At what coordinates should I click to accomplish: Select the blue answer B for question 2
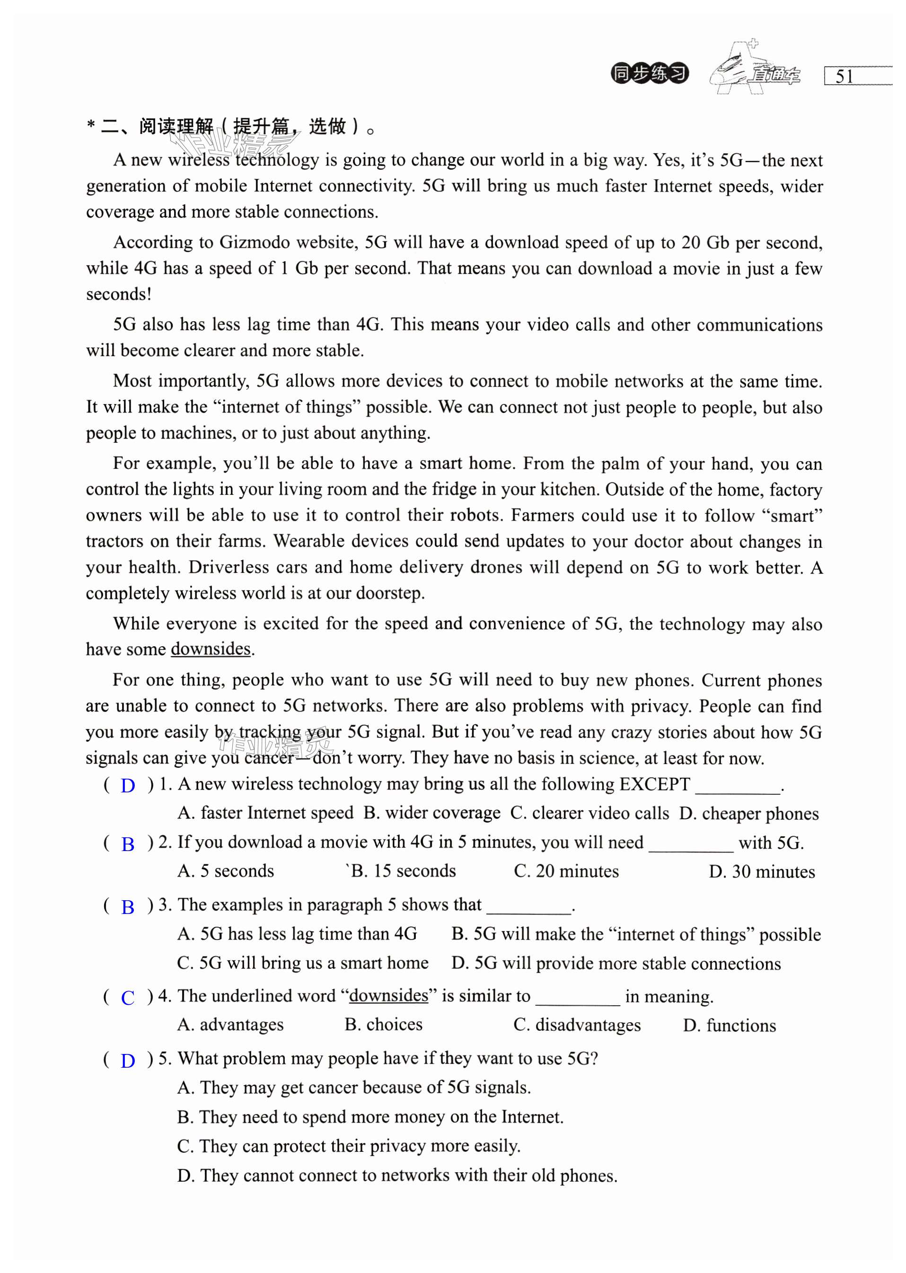(x=128, y=844)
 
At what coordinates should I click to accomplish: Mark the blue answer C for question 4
(x=128, y=998)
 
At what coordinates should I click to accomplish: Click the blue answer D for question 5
(x=128, y=1061)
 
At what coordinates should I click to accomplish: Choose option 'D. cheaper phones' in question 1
(x=748, y=814)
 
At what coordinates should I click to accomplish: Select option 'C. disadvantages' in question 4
(x=577, y=1025)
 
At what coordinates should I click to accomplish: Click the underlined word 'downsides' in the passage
(x=211, y=649)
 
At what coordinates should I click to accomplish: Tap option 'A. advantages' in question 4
(x=230, y=1025)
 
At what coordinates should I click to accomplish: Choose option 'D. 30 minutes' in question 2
(x=762, y=872)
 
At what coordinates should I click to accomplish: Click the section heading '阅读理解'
(x=176, y=127)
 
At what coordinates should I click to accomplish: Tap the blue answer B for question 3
(x=128, y=907)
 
